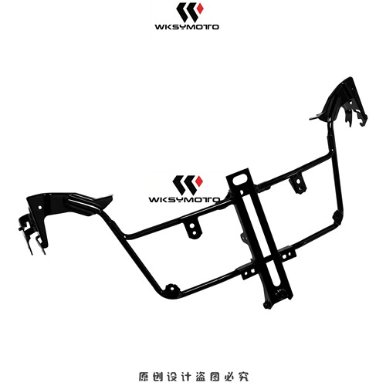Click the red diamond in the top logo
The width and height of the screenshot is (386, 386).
point(200,8)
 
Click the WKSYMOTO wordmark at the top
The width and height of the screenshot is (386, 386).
point(187,27)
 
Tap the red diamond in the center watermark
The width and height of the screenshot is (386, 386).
point(199,181)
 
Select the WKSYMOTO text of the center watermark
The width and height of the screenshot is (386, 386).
point(185,200)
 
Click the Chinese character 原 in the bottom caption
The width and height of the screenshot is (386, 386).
point(144,377)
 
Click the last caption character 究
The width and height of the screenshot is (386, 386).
point(243,377)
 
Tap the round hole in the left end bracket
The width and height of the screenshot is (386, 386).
point(39,207)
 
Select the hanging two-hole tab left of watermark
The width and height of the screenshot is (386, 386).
point(193,229)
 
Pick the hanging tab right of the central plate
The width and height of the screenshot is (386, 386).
point(298,183)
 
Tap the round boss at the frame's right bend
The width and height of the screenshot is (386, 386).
point(337,216)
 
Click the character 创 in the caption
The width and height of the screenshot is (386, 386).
point(157,377)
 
